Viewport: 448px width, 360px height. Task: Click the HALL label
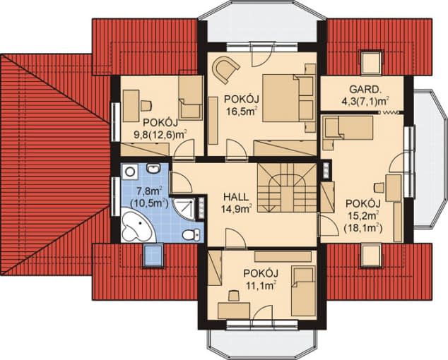pyautogui.click(x=236, y=197)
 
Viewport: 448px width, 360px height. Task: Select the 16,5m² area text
pyautogui.click(x=242, y=111)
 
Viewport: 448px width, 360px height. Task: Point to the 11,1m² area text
pyautogui.click(x=260, y=285)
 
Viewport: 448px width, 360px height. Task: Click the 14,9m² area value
pyautogui.click(x=236, y=209)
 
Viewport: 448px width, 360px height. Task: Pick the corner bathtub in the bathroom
pyautogui.click(x=138, y=225)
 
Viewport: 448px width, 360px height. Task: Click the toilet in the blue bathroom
pyautogui.click(x=191, y=234)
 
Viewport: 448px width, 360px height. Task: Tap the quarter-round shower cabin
pyautogui.click(x=185, y=208)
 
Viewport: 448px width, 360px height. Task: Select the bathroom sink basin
pyautogui.click(x=153, y=168)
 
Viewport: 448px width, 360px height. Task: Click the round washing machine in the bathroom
pyautogui.click(x=130, y=172)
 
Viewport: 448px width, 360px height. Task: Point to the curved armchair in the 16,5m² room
pyautogui.click(x=225, y=69)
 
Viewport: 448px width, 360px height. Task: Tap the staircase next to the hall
pyautogui.click(x=287, y=188)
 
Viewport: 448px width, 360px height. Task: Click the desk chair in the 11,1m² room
pyautogui.click(x=234, y=296)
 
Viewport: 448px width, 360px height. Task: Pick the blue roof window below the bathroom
pyautogui.click(x=153, y=255)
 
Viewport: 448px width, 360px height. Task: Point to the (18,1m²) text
pyautogui.click(x=363, y=228)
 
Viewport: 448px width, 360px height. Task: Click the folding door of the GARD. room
pyautogui.click(x=391, y=112)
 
